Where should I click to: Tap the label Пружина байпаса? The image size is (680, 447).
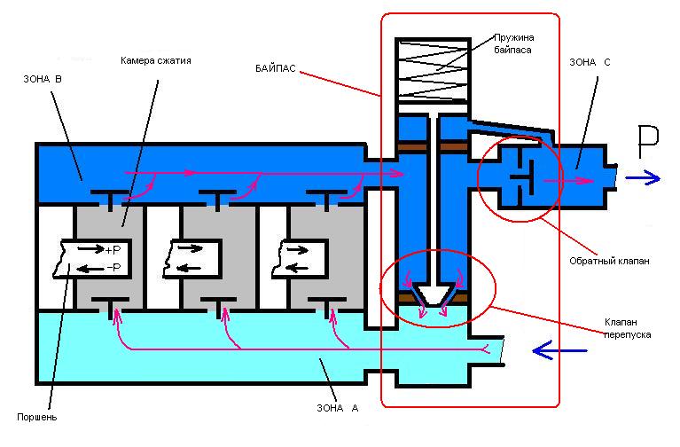[519, 46]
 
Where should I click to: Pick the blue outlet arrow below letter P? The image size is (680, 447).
[643, 177]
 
